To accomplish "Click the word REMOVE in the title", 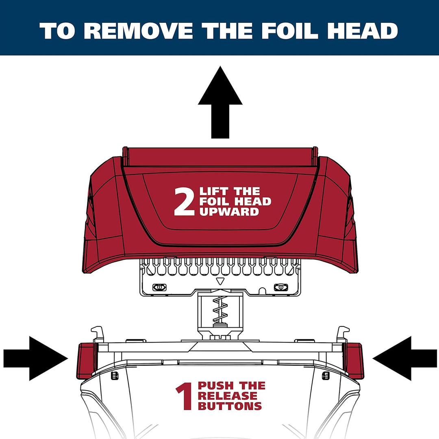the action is [x=138, y=30].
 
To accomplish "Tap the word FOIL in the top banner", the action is [x=290, y=30].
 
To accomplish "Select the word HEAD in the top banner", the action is [x=363, y=30].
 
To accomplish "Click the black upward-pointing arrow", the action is [x=220, y=102].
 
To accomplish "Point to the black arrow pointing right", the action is [x=35, y=359].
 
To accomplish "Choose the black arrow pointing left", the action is [x=404, y=359].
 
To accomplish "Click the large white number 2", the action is [x=184, y=202].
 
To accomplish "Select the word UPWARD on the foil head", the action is [x=229, y=212].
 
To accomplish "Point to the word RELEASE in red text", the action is [x=227, y=396].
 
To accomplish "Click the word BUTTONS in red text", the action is [x=230, y=406].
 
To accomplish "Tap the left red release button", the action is [x=87, y=361].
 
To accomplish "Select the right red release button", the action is [x=354, y=361].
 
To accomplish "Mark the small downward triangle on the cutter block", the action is [x=220, y=281].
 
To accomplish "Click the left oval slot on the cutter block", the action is [x=159, y=287].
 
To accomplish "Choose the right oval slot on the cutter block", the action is [x=281, y=287].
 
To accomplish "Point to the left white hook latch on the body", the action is [x=98, y=334].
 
